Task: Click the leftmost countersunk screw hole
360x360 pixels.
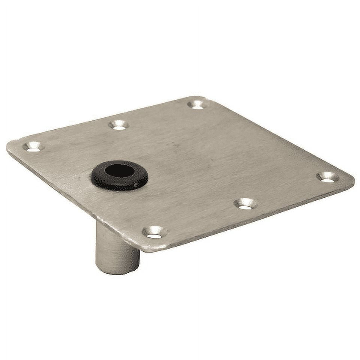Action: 33,147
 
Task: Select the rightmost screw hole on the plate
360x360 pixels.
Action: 327,177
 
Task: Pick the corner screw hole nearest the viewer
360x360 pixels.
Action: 154,232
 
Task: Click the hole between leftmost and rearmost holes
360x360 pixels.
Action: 119,125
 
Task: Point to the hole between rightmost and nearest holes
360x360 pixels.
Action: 246,204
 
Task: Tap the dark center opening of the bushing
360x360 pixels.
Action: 120,171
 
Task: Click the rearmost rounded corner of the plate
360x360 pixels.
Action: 201,98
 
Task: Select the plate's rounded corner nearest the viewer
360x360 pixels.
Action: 150,248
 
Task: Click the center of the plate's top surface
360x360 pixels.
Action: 187,169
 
